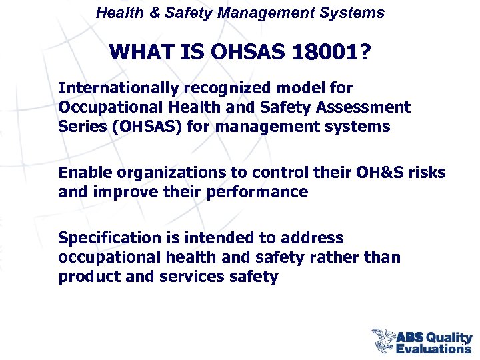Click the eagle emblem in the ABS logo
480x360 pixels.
tap(384, 339)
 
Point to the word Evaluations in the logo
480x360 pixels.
tap(433, 347)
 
